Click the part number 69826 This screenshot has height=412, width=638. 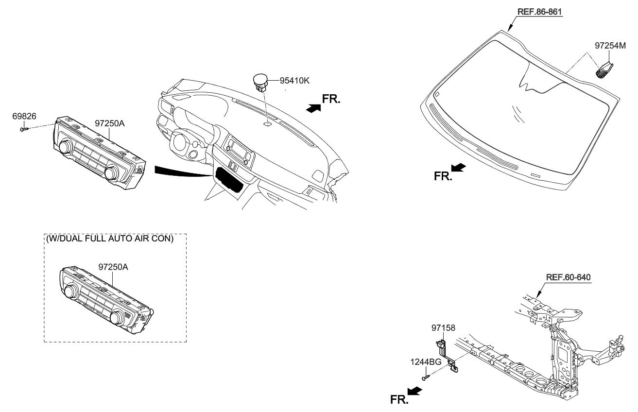point(24,116)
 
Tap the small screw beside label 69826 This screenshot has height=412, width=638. point(24,129)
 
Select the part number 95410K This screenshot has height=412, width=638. point(294,80)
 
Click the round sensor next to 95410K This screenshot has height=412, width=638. point(260,81)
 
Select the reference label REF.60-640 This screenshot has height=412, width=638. point(568,277)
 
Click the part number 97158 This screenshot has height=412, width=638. point(443,328)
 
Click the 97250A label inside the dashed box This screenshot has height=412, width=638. point(113,267)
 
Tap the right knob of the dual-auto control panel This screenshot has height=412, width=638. point(118,318)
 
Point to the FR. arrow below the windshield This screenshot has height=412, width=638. point(458,168)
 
